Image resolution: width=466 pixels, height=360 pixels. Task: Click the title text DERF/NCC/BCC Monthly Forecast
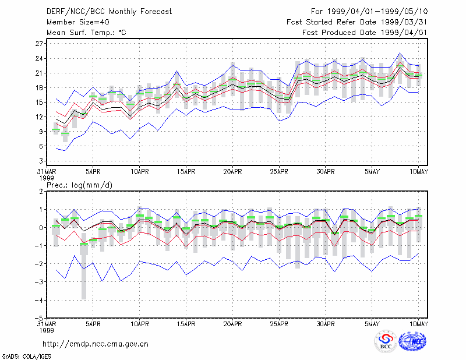(x=109, y=12)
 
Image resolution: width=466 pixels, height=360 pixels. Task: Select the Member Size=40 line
(x=78, y=22)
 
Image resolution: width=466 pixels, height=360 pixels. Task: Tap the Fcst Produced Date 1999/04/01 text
(x=365, y=33)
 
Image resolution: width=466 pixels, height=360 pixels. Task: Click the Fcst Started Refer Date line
(x=357, y=22)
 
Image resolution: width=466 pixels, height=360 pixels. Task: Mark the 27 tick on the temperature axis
(x=39, y=44)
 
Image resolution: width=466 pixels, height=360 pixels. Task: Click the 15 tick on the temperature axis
(x=39, y=103)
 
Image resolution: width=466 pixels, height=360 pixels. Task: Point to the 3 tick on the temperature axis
(x=41, y=161)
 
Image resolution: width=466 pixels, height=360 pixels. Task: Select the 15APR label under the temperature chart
(x=186, y=172)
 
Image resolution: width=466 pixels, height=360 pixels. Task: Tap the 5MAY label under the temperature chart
(x=372, y=172)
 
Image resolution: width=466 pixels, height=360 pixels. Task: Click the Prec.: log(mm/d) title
(x=79, y=185)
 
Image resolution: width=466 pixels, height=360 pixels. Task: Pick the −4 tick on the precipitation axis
(x=38, y=300)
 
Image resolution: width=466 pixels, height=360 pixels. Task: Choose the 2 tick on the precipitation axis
(x=41, y=192)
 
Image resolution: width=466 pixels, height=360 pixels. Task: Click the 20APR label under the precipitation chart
(x=232, y=324)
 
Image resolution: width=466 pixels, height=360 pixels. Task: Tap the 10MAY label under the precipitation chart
(x=419, y=324)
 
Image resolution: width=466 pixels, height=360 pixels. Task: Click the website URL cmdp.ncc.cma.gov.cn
(x=96, y=344)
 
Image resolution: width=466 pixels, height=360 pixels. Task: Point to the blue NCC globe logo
(x=412, y=341)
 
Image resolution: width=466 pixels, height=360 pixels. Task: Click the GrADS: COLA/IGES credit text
(x=26, y=357)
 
